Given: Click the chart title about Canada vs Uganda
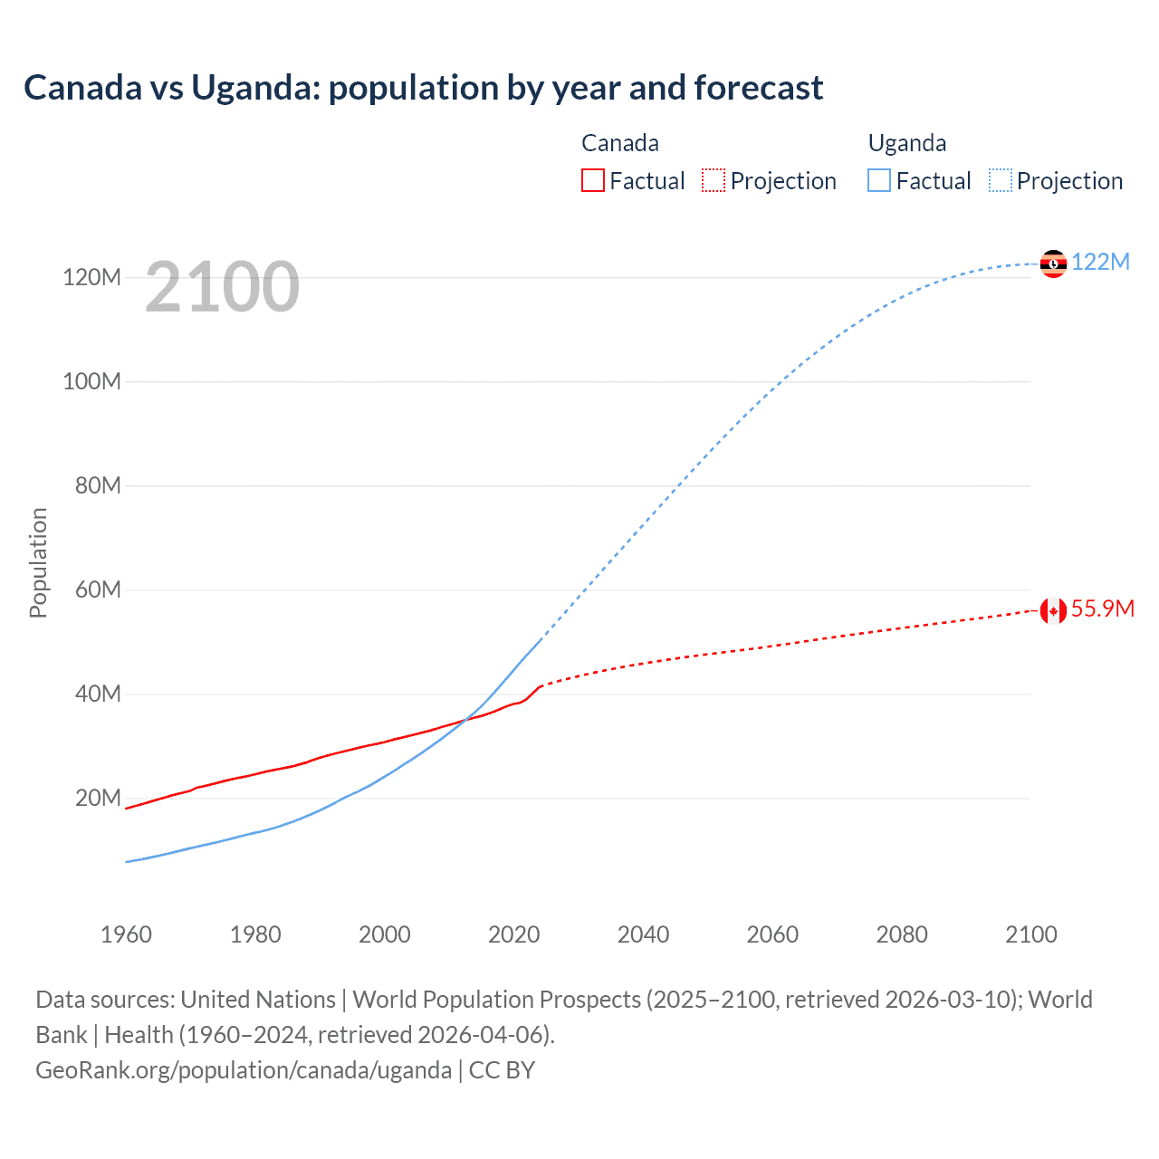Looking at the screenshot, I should point(423,88).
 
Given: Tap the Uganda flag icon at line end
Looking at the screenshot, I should point(1053,263).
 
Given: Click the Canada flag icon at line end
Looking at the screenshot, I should point(1053,611).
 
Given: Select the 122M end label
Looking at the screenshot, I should point(1100,263).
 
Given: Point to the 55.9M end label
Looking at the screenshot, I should point(1102,609).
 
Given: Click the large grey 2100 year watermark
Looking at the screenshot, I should point(222,287).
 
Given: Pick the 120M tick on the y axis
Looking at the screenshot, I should point(91,277).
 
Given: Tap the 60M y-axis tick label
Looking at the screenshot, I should point(97,590).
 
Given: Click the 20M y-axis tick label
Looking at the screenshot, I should point(97,799).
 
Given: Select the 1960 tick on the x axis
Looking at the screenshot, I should point(126,934).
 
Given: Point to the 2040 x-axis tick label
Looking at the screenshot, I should point(643,934).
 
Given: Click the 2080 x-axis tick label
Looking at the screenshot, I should point(902,934).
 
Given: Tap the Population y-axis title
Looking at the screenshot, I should point(38,562).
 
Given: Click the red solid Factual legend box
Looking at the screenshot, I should point(592,181).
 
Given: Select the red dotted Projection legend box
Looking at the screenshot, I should point(714,181).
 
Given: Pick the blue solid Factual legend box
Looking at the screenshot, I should point(879,181).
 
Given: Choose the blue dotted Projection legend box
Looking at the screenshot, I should point(1000,181).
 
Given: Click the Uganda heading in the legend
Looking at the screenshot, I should point(906,143).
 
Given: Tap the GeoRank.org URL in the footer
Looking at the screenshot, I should point(243,1070).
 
